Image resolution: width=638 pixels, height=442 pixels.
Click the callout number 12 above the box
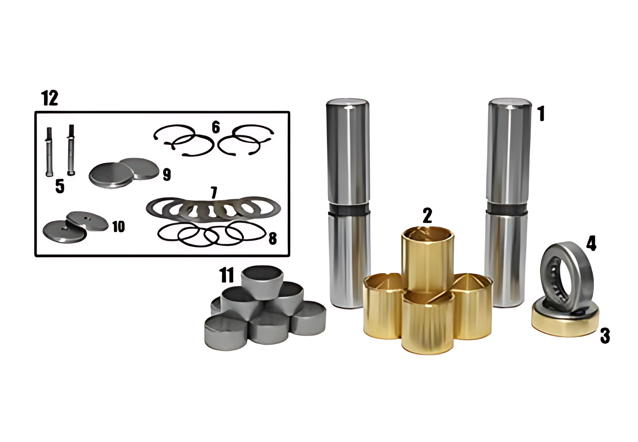tap(50, 98)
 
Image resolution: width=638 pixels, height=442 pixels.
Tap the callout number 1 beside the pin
tap(542, 114)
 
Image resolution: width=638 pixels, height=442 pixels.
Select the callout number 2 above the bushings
tap(427, 215)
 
